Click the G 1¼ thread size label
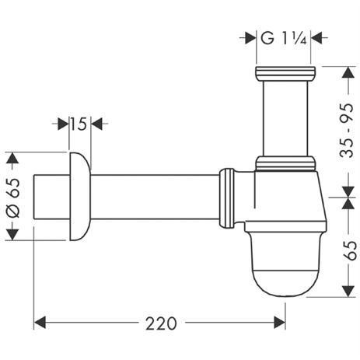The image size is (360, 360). pos(284,36)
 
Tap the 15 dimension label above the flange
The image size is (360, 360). pos(77,123)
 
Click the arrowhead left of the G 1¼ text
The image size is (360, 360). pos(250,36)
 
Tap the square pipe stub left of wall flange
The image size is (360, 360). pos(47,197)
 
